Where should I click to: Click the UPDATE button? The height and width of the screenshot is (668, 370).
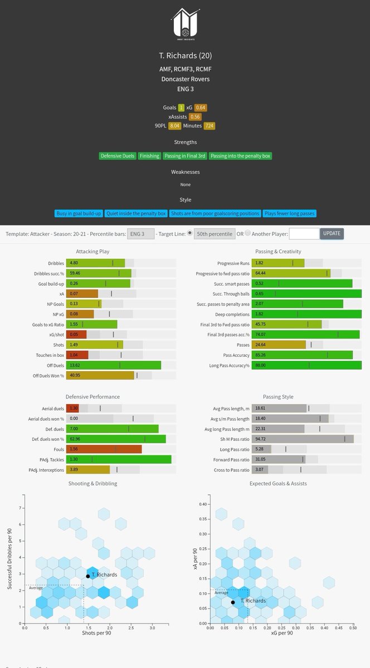[x=332, y=233]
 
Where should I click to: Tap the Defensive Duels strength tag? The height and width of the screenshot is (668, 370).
[x=118, y=156]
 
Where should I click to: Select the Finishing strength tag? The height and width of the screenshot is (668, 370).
[x=149, y=156]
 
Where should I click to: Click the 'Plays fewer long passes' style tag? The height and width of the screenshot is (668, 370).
[x=290, y=213]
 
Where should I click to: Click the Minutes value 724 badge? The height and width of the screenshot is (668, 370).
[x=210, y=126]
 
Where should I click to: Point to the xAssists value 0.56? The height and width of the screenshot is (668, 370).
[x=195, y=117]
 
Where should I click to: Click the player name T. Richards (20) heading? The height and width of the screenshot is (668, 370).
[x=185, y=56]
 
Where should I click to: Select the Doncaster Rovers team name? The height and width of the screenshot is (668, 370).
[x=185, y=79]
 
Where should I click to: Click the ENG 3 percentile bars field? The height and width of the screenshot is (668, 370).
[x=140, y=234]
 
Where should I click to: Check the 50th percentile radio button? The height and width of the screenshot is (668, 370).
[x=189, y=233]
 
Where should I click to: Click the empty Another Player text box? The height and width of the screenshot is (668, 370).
[x=304, y=234]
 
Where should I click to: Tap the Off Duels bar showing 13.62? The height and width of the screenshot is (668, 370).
[x=114, y=365]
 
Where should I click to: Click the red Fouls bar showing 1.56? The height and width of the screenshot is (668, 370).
[x=104, y=449]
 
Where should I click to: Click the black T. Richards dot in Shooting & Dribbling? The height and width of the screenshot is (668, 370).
[x=87, y=576]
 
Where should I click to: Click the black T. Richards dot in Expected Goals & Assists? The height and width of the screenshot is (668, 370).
[x=233, y=602]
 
